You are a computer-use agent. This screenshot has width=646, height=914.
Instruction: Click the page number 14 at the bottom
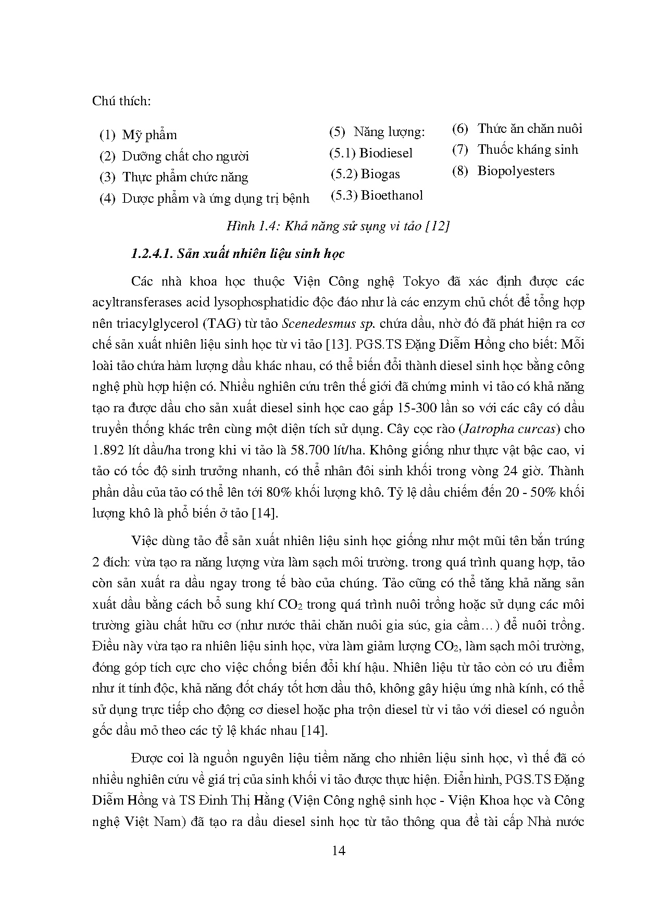[338, 851]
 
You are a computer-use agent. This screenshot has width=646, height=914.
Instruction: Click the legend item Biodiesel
[386, 153]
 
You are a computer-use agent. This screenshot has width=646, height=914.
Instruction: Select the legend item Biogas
[380, 174]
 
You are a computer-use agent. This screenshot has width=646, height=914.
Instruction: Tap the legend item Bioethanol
[391, 195]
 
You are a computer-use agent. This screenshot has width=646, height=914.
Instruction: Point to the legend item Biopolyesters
[516, 171]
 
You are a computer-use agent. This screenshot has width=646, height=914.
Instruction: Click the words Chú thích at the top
[121, 101]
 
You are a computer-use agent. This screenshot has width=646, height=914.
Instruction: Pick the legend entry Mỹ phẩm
[149, 135]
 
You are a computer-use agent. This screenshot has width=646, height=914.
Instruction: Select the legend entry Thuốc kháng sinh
[528, 150]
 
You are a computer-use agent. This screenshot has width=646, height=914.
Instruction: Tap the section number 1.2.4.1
[151, 254]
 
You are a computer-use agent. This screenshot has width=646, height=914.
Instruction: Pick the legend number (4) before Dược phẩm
[107, 199]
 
